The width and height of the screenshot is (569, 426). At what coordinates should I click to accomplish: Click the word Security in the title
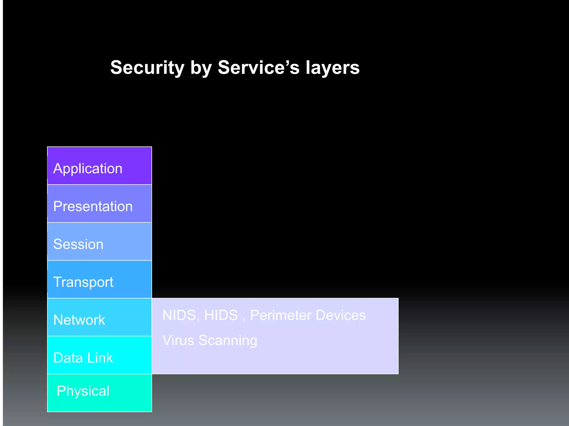[147, 68]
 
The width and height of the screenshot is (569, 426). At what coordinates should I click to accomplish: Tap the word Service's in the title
[258, 68]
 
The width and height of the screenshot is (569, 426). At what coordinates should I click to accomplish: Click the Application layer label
[88, 169]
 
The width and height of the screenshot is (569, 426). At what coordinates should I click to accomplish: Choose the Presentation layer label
[93, 206]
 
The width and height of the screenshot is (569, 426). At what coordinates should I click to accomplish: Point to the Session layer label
[78, 244]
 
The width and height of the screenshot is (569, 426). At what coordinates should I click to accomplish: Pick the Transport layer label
[83, 282]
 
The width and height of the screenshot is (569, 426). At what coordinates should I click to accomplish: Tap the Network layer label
[79, 320]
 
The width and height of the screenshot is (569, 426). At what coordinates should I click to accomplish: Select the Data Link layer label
[83, 358]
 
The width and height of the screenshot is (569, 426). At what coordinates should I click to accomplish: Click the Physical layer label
[83, 391]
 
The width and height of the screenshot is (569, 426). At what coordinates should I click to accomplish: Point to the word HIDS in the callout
[221, 315]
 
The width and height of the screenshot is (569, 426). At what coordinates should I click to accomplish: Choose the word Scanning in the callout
[228, 341]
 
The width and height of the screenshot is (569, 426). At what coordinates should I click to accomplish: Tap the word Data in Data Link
[68, 358]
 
